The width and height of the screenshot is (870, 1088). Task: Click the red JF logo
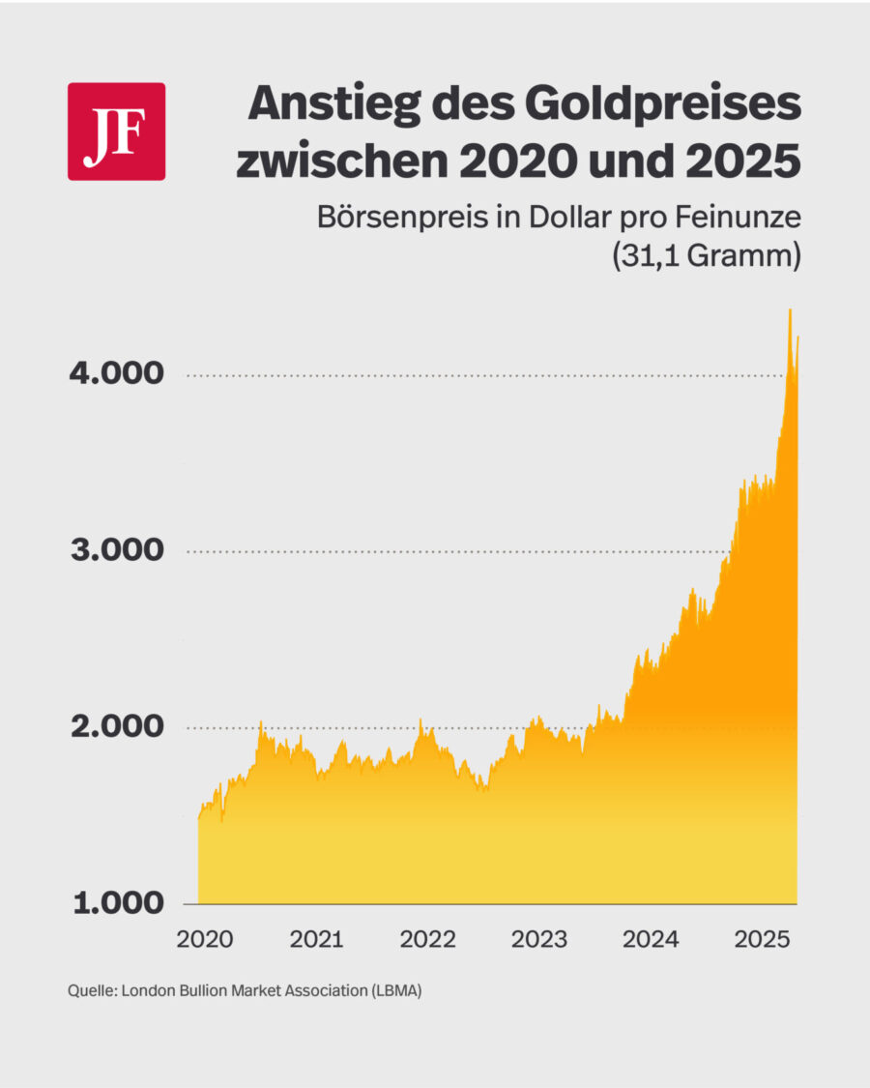pyautogui.click(x=116, y=132)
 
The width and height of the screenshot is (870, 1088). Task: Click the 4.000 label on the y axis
pyautogui.click(x=115, y=375)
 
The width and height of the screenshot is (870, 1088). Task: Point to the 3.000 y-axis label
pyautogui.click(x=115, y=551)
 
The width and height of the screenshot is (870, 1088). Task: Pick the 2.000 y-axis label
pyautogui.click(x=115, y=727)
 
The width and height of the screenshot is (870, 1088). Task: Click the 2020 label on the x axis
pyautogui.click(x=206, y=939)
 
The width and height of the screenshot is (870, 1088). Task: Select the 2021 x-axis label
pyautogui.click(x=317, y=939)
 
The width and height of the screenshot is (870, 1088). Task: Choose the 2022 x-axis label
pyautogui.click(x=428, y=939)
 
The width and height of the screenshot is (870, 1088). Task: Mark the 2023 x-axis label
pyautogui.click(x=539, y=939)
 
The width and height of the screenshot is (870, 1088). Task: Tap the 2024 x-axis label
pyautogui.click(x=651, y=939)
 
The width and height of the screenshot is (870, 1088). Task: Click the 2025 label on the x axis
pyautogui.click(x=762, y=939)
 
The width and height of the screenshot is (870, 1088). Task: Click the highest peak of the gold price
pyautogui.click(x=790, y=310)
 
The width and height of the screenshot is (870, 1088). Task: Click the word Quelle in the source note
pyautogui.click(x=91, y=992)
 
